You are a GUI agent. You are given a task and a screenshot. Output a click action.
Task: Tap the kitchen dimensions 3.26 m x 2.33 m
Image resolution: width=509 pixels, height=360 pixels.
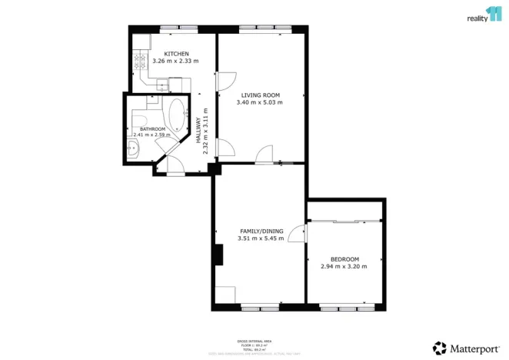tap(175, 61)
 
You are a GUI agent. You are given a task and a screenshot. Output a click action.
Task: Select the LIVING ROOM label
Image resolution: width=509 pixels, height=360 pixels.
tap(261, 95)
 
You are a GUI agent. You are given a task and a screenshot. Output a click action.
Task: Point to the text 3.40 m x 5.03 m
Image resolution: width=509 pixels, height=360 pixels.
tap(261, 102)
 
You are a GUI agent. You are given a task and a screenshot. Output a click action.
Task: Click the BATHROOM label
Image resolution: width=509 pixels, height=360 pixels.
tap(152, 129)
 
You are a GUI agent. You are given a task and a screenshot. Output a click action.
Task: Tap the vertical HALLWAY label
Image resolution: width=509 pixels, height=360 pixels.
tap(198, 135)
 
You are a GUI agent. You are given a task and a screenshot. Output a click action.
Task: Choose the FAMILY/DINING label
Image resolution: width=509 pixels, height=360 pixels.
tap(261, 231)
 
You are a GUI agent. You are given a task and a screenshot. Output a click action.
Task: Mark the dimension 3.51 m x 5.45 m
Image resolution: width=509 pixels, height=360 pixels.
tap(261, 238)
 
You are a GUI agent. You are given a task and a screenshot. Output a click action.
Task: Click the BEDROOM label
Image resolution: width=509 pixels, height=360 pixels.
tap(344, 259)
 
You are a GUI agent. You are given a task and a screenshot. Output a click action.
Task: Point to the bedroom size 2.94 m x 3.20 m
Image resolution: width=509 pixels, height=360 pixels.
tap(344, 267)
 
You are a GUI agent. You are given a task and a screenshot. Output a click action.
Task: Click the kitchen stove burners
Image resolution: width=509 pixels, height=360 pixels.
tap(140, 61)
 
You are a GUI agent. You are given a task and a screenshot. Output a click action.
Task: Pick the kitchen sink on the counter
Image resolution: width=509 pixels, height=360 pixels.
tap(163, 85)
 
